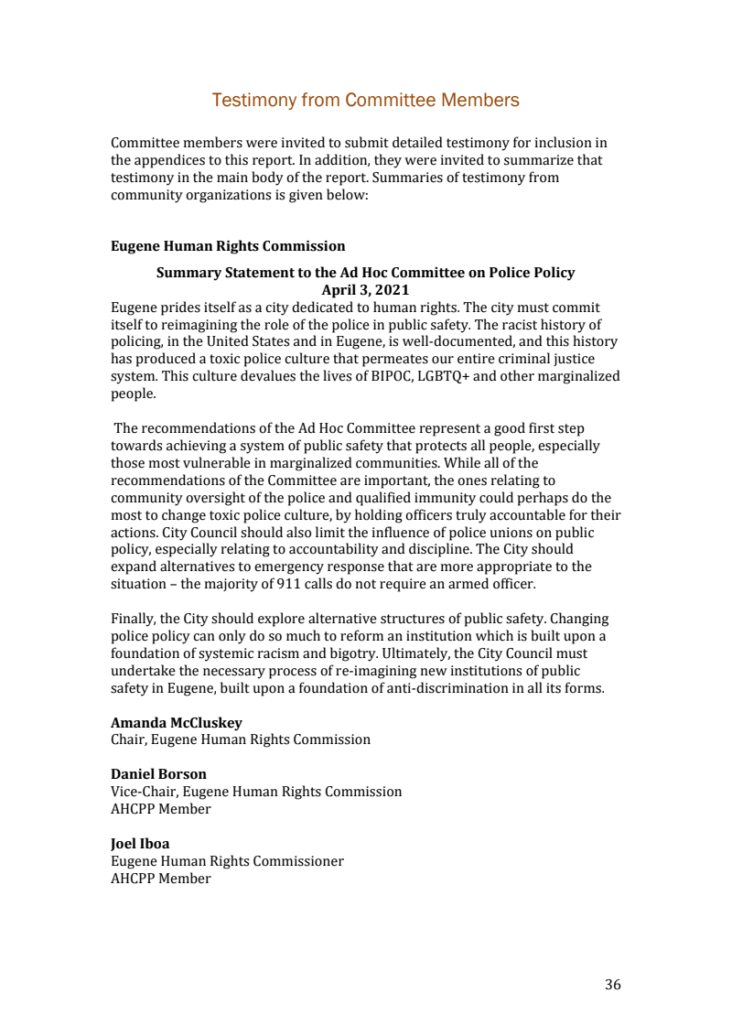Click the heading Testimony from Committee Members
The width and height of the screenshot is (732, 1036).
[365, 101]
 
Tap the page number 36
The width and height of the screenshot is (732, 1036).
[612, 985]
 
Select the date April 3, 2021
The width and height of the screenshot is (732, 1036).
[365, 290]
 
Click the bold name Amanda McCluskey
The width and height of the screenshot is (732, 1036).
[177, 723]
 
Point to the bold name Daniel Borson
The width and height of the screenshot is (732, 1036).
[158, 774]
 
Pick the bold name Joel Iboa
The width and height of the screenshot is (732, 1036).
[142, 844]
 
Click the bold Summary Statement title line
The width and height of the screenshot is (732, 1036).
[365, 273]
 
